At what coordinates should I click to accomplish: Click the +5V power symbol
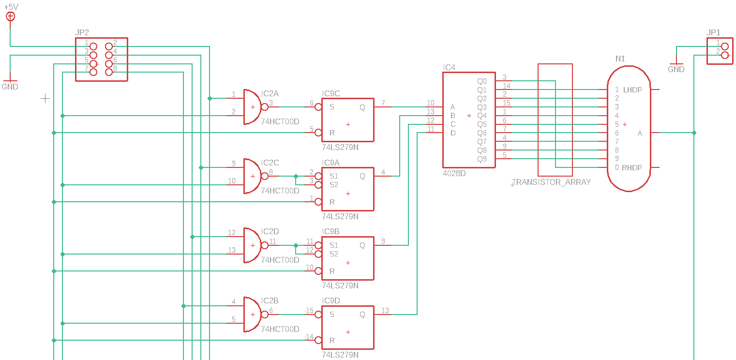(10, 16)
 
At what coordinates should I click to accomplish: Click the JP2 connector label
(82, 32)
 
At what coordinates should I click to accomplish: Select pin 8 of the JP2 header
(109, 72)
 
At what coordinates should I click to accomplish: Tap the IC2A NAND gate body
(252, 107)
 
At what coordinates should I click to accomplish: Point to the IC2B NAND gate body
(252, 315)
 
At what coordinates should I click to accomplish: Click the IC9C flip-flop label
(331, 93)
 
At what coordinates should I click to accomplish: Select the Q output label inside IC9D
(362, 315)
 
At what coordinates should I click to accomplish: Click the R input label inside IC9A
(332, 202)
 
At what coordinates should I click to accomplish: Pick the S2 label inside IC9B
(334, 254)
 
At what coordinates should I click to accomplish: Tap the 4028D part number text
(454, 173)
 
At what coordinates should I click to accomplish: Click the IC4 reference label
(449, 67)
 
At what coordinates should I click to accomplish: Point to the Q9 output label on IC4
(482, 159)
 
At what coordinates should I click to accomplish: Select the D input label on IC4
(453, 133)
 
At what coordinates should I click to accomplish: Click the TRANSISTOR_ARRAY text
(551, 182)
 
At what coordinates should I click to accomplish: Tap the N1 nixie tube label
(620, 59)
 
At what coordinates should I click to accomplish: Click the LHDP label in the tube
(632, 90)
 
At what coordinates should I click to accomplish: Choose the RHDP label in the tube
(632, 168)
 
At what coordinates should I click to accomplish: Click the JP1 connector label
(713, 32)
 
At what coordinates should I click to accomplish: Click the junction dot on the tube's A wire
(694, 133)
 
